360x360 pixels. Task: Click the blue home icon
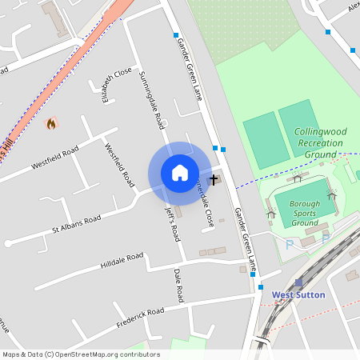(180, 173)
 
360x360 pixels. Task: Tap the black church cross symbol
(214, 180)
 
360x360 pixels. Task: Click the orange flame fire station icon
(53, 124)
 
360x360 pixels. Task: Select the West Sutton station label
(298, 294)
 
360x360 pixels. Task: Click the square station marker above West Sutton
(298, 282)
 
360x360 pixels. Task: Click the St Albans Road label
(77, 224)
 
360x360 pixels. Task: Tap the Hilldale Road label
(122, 260)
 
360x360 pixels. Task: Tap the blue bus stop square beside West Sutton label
(261, 286)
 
